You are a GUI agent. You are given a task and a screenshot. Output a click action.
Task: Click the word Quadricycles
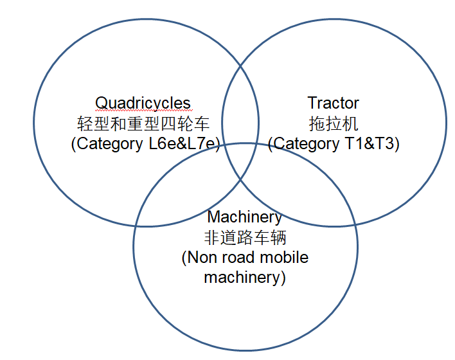pyautogui.click(x=143, y=103)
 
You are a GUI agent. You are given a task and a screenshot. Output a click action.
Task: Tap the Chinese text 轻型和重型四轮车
pyautogui.click(x=143, y=123)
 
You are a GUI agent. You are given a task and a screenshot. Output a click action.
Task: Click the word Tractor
pyautogui.click(x=333, y=103)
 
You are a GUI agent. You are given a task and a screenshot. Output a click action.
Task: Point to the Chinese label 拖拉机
pyautogui.click(x=333, y=123)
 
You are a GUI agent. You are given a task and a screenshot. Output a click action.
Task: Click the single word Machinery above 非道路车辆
pyautogui.click(x=244, y=217)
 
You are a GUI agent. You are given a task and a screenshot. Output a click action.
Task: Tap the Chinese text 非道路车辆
pyautogui.click(x=244, y=237)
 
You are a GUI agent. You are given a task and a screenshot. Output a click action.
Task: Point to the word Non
pyautogui.click(x=200, y=258)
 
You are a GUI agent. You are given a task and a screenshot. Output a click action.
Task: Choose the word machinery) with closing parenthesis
pyautogui.click(x=244, y=278)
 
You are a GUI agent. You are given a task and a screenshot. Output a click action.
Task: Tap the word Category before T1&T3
pyautogui.click(x=303, y=144)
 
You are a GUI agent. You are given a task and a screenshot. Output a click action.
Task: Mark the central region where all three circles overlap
pyautogui.click(x=241, y=161)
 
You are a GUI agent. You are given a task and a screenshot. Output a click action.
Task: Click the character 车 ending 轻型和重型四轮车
pyautogui.click(x=202, y=123)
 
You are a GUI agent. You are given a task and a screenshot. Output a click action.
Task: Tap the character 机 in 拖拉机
pyautogui.click(x=351, y=123)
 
